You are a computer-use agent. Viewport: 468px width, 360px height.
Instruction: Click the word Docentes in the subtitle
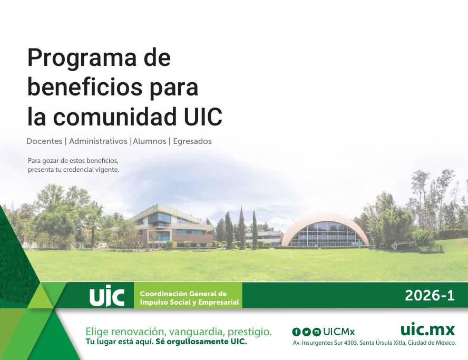point(44,141)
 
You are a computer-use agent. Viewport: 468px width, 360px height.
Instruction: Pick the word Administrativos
point(98,141)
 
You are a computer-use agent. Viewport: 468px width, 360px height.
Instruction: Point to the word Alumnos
point(150,141)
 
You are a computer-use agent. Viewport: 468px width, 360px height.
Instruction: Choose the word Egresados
point(192,141)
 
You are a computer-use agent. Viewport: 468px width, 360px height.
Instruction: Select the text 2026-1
point(430,296)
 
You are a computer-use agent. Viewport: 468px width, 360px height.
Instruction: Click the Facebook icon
point(296,332)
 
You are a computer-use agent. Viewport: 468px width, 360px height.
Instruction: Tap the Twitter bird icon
point(306,332)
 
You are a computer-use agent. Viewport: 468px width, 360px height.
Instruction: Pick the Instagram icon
point(316,332)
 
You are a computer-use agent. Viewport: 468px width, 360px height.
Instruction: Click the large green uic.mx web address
point(427,329)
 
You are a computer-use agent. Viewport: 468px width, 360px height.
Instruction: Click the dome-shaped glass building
point(325,231)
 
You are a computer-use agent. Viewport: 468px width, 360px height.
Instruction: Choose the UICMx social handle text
point(339,332)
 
